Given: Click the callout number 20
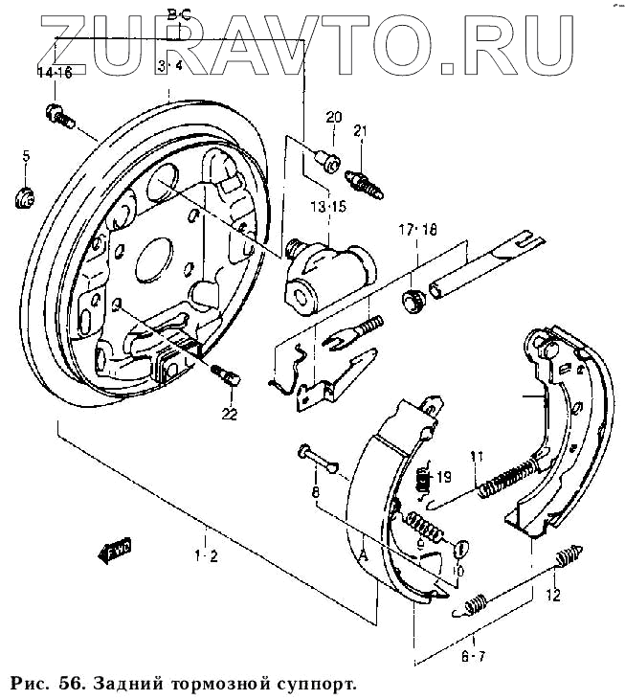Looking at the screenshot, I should point(333,118).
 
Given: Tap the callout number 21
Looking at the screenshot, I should point(361,131).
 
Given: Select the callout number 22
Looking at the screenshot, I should point(228,414).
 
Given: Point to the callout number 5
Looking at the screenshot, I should point(27,155).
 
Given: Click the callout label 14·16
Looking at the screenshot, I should point(55,74).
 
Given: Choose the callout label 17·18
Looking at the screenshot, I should point(417,230).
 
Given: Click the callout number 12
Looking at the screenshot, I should point(552,596).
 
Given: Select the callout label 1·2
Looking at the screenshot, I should point(207,556).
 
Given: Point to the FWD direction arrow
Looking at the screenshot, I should point(115,550).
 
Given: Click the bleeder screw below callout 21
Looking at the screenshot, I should point(365,180).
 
